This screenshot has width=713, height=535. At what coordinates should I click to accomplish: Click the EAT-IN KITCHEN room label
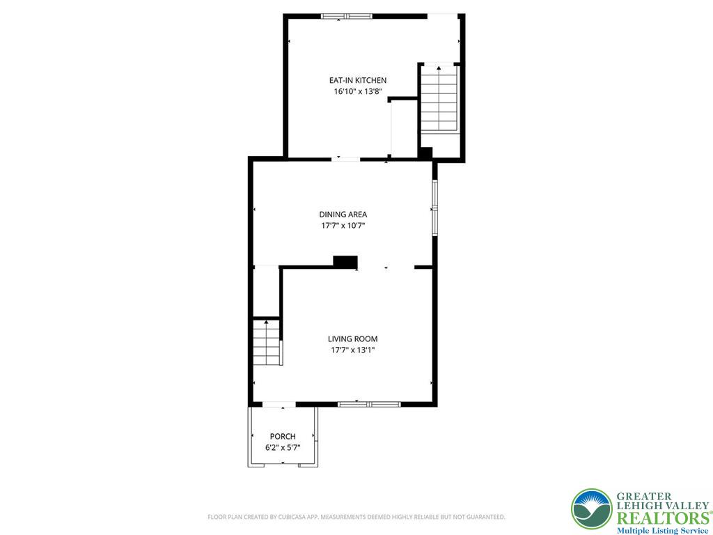pos(358,81)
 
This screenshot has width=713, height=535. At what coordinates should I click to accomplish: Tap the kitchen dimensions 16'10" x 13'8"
pos(358,91)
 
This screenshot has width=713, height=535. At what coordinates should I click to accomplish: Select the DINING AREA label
pos(343,215)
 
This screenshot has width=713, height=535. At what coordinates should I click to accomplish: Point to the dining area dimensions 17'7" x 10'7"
pos(343,225)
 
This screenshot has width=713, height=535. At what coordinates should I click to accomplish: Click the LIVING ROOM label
pos(353,339)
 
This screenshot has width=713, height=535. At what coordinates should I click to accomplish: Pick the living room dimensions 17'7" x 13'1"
pos(353,350)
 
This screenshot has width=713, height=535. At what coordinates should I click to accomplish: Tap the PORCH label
pos(283,437)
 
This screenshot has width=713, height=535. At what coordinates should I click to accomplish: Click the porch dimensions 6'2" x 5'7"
pos(283,448)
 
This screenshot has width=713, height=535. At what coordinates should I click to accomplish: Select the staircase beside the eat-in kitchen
pos(439,99)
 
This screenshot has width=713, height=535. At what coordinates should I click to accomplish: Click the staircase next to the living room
pos(267,343)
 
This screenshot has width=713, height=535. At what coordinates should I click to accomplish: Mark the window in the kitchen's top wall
pos(347,17)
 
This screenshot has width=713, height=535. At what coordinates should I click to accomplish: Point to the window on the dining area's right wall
pos(434,208)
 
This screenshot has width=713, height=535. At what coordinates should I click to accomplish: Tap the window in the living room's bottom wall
pos(369,404)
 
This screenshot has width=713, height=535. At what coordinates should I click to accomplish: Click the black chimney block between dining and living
pos(345,262)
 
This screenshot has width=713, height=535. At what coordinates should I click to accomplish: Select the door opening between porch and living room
pos(279,404)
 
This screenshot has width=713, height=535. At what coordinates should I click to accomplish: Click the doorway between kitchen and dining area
pos(345,160)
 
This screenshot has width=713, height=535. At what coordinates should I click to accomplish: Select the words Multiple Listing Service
pos(663,531)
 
